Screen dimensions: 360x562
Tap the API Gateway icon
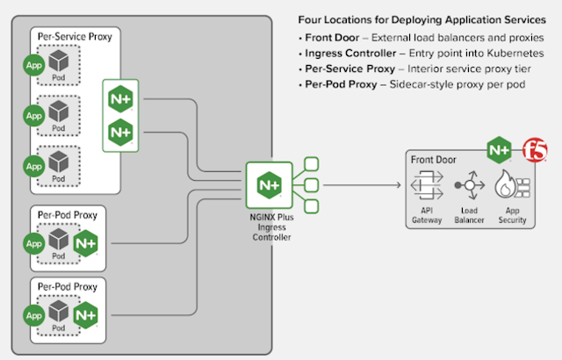[x=426, y=187]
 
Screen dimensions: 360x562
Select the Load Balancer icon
[x=467, y=187]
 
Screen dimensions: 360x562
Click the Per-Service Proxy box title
[x=75, y=36]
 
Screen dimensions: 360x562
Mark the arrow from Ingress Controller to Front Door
[x=360, y=185]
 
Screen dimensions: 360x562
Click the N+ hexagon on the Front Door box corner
[x=499, y=150]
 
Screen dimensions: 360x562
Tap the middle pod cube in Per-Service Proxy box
[x=59, y=111]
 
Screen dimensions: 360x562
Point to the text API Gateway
[x=426, y=214]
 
